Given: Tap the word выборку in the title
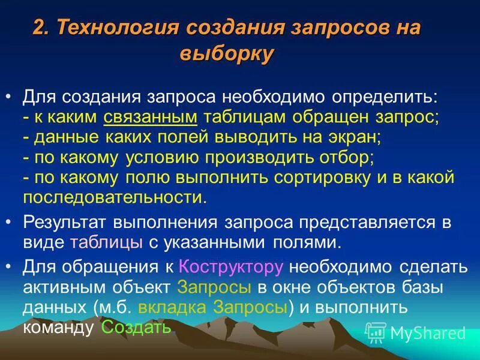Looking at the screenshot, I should coord(227,53).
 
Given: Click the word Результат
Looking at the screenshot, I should coord(67,223).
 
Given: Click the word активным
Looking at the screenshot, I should coord(63,287).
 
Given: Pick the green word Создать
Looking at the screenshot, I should coord(137,328).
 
